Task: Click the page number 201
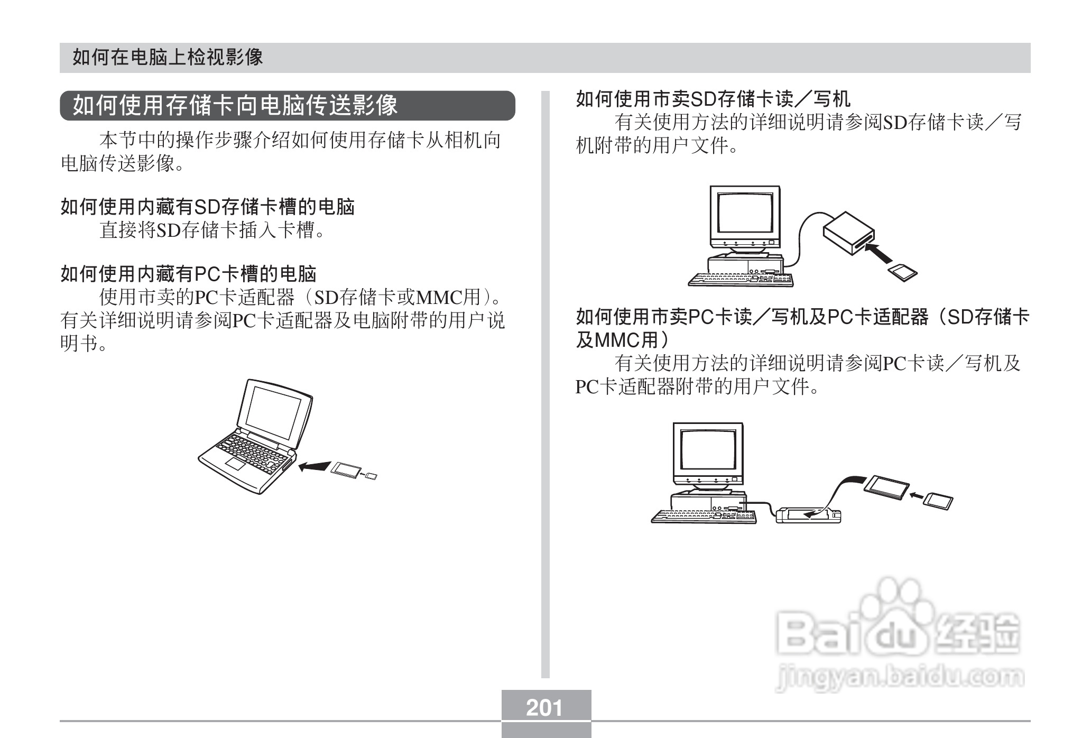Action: point(545,707)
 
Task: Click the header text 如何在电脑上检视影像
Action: point(168,57)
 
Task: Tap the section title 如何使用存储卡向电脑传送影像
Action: point(235,105)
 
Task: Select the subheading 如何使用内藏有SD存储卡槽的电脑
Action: point(207,207)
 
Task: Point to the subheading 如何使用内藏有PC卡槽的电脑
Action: point(188,274)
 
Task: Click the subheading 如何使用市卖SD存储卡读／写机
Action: point(713,99)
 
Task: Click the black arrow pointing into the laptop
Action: point(313,466)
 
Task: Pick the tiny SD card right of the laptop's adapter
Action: point(372,477)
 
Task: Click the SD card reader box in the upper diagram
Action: point(847,233)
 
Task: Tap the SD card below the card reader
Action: point(902,272)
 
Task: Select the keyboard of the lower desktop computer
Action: point(704,516)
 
